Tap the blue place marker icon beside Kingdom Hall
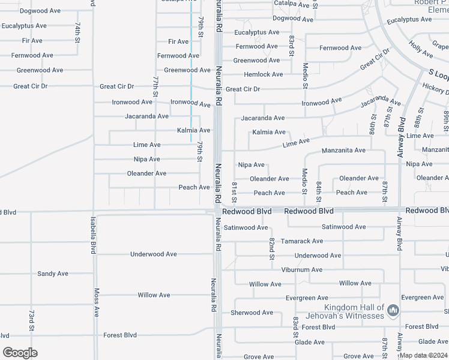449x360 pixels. tap(393, 310)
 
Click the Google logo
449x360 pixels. tap(20, 353)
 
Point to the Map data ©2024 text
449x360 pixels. tap(423, 355)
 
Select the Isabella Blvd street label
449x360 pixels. tap(93, 236)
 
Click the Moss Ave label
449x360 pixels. tap(96, 302)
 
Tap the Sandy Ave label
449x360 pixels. tap(53, 274)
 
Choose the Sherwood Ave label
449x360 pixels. tap(252, 313)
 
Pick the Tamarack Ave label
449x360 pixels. tap(303, 241)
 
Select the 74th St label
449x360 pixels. tap(78, 33)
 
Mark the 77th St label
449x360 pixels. tap(155, 86)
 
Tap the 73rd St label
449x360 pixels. tap(31, 320)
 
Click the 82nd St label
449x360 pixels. tap(271, 248)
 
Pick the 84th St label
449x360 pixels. tap(319, 191)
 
